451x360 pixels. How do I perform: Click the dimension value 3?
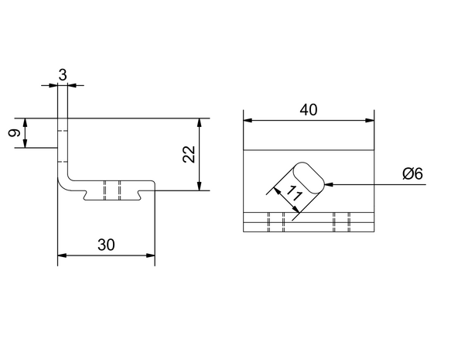point(63,75)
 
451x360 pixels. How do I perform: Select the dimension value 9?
point(15,133)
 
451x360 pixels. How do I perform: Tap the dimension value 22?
point(189,154)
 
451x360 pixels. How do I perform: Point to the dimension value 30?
point(106,245)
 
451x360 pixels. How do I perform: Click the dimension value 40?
point(309,110)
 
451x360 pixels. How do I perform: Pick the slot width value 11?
point(294,194)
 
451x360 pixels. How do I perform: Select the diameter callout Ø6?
point(413,174)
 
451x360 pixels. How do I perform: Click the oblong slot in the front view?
point(309,178)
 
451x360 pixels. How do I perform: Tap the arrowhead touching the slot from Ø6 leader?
point(329,184)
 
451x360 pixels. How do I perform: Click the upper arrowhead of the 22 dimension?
point(199,122)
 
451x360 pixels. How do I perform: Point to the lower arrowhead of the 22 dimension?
point(199,186)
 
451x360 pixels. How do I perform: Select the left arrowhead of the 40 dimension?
point(248,120)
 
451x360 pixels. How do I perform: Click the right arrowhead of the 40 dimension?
point(370,120)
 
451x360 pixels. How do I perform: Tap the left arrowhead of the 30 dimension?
point(62,255)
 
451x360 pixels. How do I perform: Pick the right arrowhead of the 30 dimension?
point(151,255)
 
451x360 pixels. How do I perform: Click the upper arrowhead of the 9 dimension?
point(26,122)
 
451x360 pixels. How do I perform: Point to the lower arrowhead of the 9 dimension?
point(26,144)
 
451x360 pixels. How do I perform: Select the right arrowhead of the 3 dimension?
point(72,85)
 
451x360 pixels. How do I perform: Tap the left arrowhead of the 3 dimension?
point(53,85)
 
